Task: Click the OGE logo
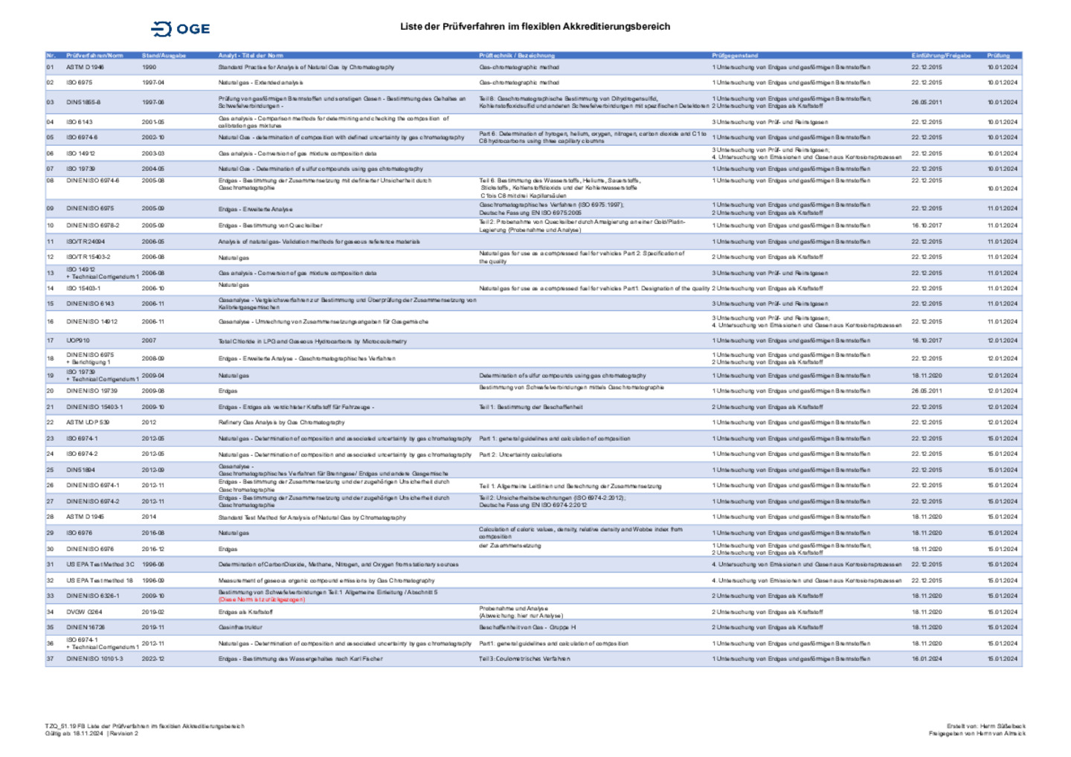point(181,29)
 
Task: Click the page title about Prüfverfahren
point(535,27)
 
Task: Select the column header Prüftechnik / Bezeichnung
point(517,56)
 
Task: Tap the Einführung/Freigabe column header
point(941,56)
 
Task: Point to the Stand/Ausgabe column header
point(164,56)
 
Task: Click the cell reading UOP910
point(78,341)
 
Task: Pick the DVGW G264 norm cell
point(84,612)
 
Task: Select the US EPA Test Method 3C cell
point(100,564)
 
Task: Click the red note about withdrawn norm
point(261,599)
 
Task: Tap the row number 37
point(50,659)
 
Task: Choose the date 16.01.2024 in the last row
point(927,659)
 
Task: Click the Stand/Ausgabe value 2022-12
point(153,659)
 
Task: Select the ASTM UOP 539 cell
point(88,422)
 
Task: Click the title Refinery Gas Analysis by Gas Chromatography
point(281,422)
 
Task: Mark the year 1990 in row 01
point(149,67)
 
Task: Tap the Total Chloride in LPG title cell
point(312,341)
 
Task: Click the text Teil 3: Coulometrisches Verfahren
point(524,659)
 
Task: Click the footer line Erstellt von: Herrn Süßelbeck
point(985,726)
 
